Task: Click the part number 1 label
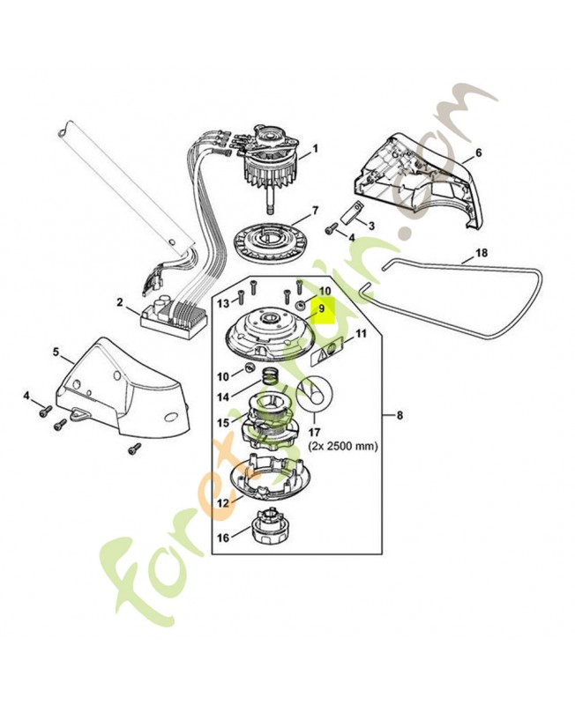315,150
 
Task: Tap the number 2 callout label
120,302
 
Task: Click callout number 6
479,152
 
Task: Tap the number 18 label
481,253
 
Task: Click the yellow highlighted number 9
322,309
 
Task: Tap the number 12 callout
223,503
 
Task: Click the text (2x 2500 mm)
343,447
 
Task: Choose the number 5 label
56,352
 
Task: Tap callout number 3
371,226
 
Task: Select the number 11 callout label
360,335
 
